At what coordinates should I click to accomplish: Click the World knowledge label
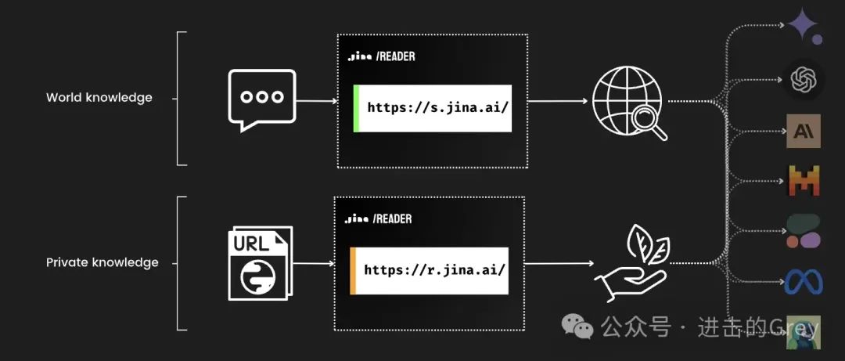[99, 98]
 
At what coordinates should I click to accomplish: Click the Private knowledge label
[102, 262]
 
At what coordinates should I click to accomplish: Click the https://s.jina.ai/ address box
[433, 108]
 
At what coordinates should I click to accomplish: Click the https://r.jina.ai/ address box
[430, 270]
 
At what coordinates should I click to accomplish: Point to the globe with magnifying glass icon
[628, 103]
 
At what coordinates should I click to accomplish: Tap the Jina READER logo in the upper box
[382, 56]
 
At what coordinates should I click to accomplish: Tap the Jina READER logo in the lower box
[379, 219]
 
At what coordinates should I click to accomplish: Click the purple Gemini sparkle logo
[804, 26]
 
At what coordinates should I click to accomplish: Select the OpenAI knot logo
[804, 79]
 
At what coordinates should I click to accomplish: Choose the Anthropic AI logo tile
[804, 131]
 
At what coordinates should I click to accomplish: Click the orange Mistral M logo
[804, 182]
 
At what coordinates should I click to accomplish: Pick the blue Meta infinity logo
[804, 282]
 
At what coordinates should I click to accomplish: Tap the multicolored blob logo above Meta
[804, 231]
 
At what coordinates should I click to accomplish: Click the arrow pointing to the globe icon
[557, 101]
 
